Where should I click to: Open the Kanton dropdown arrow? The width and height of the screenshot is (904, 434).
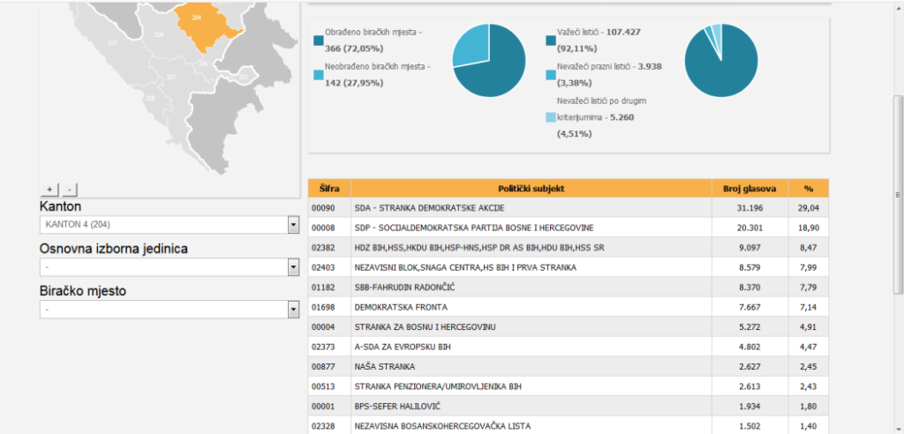293,225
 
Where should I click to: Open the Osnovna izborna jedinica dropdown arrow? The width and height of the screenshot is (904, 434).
293,267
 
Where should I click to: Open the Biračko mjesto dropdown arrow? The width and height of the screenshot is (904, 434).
293,310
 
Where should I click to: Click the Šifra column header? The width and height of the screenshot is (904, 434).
328,188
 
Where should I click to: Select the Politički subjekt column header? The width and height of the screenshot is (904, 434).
531,188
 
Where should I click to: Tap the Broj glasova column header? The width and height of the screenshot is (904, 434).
750,188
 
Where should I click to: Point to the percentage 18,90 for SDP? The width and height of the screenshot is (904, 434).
808,228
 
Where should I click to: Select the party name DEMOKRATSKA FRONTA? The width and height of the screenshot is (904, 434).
400,307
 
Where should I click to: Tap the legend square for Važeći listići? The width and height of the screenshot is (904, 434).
552,40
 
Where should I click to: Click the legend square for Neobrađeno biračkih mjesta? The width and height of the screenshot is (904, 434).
319,75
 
